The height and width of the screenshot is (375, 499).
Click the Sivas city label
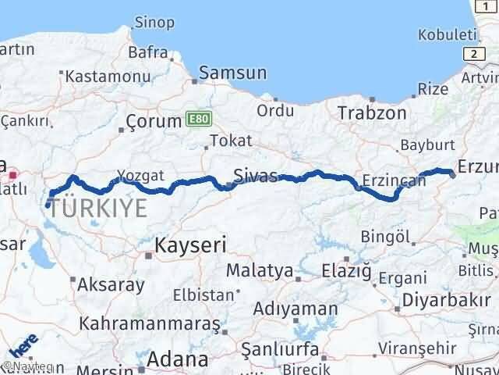click(x=256, y=175)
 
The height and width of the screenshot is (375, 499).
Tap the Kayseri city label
click(x=192, y=245)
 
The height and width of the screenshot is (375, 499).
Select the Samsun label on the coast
click(x=233, y=73)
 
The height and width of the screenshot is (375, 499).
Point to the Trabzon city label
click(x=372, y=112)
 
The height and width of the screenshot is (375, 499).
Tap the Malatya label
click(x=260, y=271)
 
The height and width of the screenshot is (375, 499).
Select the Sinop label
click(x=154, y=21)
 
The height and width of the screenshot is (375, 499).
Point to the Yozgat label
click(x=140, y=176)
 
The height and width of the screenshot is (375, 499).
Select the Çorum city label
click(x=152, y=123)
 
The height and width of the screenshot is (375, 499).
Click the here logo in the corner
click(x=23, y=346)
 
